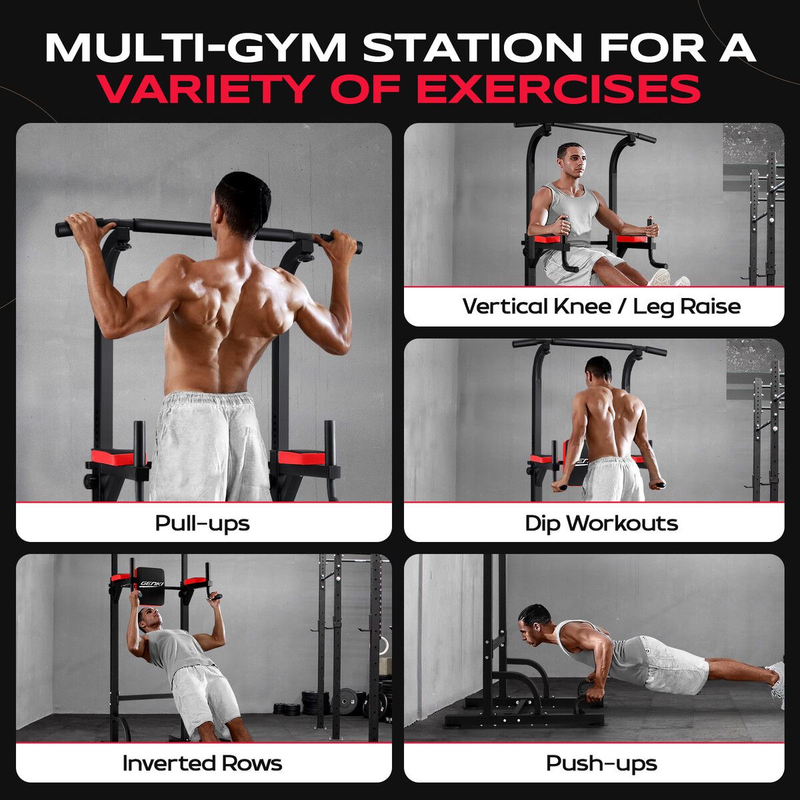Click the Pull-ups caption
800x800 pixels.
(202, 523)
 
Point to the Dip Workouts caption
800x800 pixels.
(601, 523)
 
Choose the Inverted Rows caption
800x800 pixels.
(202, 763)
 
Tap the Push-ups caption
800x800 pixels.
(601, 764)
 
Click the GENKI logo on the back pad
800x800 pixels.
(152, 583)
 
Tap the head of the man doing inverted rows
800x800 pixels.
(148, 620)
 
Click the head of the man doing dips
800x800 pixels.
(598, 370)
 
